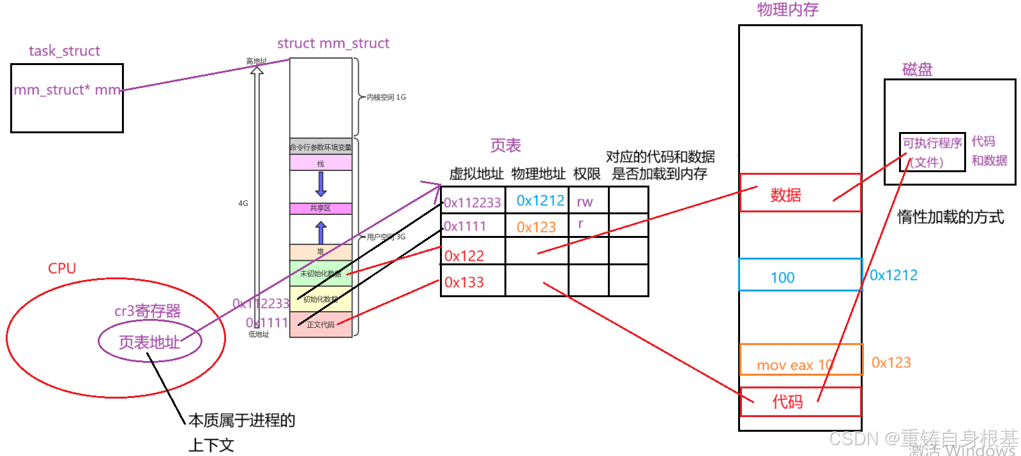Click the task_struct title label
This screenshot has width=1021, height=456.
pos(64,51)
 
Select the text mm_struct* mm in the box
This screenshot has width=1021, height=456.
pos(67,90)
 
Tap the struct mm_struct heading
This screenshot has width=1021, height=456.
pos(333,43)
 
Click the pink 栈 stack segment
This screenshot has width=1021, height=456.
pos(321,163)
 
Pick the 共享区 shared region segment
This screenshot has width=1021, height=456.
pos(321,209)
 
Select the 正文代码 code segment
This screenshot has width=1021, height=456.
pos(321,325)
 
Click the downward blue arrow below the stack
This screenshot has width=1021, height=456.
pos(321,184)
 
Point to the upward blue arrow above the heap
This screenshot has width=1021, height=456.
pos(321,232)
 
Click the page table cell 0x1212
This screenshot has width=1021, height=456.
pos(540,201)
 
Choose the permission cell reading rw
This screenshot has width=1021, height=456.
pos(584,202)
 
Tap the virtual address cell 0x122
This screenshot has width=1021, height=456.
pos(464,256)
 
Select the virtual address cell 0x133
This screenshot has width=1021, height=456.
pos(464,282)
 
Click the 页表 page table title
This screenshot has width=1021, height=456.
pos(505,146)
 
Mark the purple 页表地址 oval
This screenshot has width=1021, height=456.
pos(149,342)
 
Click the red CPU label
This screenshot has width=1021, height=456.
pos(62,268)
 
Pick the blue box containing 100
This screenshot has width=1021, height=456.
pos(799,275)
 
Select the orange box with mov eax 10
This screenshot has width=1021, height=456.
pos(801,360)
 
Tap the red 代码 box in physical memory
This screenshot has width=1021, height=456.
pos(800,402)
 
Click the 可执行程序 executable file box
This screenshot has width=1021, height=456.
pos(932,152)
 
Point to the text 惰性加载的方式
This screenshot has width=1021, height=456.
pos(950,217)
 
